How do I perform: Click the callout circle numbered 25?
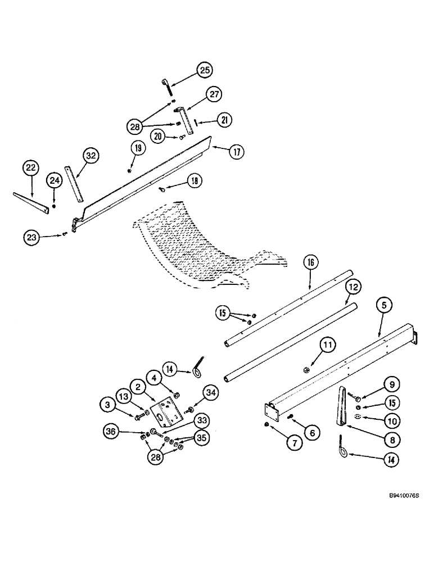tap(204, 70)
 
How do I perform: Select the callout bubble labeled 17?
tap(237, 150)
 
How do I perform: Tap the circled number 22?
tap(31, 167)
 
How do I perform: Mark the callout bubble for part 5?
tap(384, 307)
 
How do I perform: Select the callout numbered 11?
tap(327, 343)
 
